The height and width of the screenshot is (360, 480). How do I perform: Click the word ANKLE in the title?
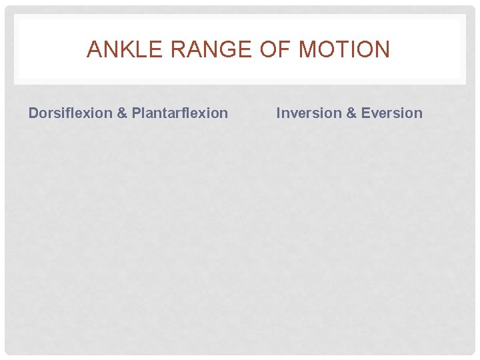point(117,50)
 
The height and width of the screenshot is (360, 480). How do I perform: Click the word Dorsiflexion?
point(70,113)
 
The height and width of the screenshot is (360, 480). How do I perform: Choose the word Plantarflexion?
point(179,113)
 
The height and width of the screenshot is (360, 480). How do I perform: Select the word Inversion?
point(308,113)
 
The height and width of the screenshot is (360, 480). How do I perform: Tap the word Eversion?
point(392,113)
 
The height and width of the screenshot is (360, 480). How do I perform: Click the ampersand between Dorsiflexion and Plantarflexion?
point(122,113)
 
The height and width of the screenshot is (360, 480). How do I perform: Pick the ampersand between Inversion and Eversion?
point(351,113)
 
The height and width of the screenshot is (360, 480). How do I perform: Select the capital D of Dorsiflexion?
point(33,113)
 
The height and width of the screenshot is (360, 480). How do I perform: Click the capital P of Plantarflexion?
point(136,113)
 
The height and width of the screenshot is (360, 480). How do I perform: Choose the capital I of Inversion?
point(279,113)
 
